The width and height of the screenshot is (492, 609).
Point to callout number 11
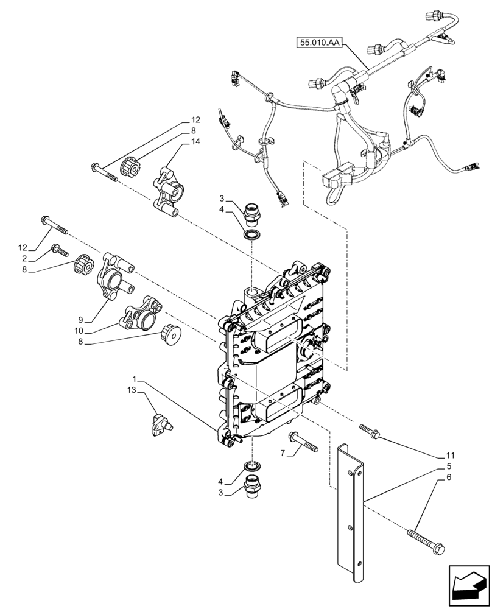click(450, 455)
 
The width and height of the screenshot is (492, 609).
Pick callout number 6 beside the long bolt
click(449, 479)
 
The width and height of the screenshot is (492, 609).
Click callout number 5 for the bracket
click(449, 466)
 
